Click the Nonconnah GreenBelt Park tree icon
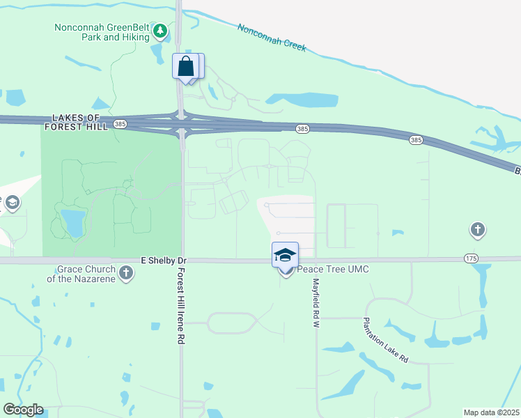[x=161, y=31]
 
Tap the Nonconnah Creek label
[x=271, y=38]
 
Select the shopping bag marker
[x=186, y=67]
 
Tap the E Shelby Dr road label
[x=164, y=260]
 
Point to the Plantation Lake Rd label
[x=384, y=340]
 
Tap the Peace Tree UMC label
[x=333, y=270]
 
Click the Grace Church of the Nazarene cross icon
[x=125, y=272]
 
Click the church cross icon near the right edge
[x=477, y=229]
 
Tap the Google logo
[x=23, y=410]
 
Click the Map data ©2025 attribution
[x=491, y=412]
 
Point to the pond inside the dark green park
[x=72, y=222]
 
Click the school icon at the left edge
[x=12, y=203]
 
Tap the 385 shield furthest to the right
[x=416, y=140]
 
